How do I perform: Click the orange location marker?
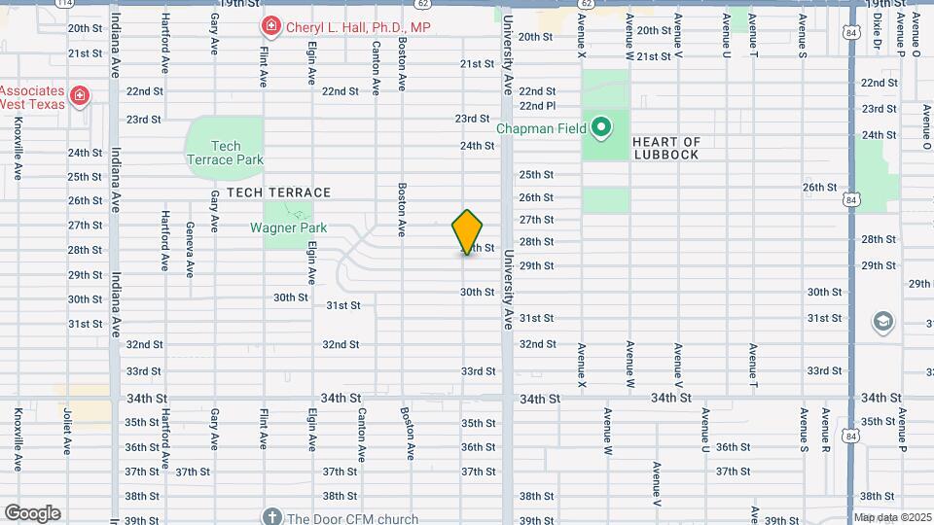point(468,232)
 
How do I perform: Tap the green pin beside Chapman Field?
point(601,126)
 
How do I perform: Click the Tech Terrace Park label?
point(225,153)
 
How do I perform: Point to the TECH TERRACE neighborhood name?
point(279,192)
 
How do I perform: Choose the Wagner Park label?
point(288,228)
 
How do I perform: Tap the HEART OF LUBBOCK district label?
point(666,148)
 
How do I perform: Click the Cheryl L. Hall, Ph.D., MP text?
point(357,27)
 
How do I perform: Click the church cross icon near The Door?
point(272,516)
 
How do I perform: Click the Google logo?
point(32,513)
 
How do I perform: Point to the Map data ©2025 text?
point(892,518)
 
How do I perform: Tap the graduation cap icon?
point(883,322)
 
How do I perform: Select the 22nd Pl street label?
point(537,106)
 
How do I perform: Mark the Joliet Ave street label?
point(67,432)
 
